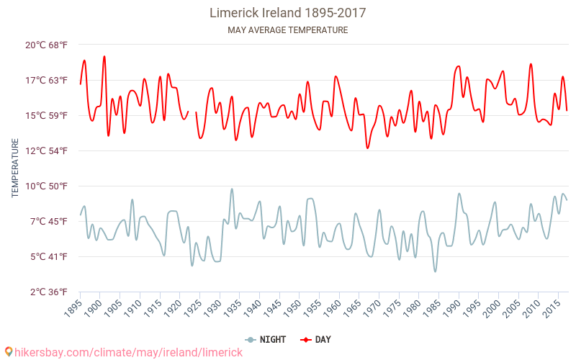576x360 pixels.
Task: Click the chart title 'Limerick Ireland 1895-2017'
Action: (x=287, y=13)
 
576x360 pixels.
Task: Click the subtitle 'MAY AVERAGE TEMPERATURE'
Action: (x=287, y=30)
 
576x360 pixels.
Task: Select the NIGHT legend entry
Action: (x=266, y=339)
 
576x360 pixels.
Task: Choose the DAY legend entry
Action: (x=315, y=339)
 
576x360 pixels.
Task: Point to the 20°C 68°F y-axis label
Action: (x=47, y=45)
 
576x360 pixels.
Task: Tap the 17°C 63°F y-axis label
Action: (x=47, y=80)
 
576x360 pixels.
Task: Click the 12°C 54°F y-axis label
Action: (x=47, y=150)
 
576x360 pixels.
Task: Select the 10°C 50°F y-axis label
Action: (x=47, y=186)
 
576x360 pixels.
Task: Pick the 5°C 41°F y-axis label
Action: (x=47, y=256)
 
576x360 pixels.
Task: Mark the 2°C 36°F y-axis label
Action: (x=47, y=292)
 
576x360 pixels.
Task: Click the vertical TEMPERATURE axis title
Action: (x=15, y=168)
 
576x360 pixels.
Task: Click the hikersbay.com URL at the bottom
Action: (x=124, y=352)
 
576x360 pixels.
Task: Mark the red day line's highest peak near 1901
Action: (x=104, y=56)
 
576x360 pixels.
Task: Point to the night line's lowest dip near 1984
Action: (x=435, y=271)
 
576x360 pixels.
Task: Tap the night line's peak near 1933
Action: (x=232, y=189)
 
